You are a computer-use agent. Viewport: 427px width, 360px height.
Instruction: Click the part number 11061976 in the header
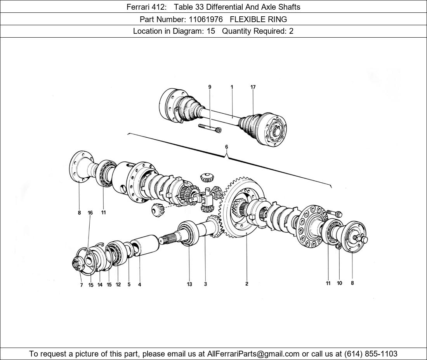[206, 19]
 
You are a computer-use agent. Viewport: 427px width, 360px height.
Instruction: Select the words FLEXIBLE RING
[258, 19]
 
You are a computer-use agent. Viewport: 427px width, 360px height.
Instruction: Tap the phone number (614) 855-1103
[371, 354]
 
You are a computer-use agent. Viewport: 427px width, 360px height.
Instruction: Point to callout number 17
[253, 87]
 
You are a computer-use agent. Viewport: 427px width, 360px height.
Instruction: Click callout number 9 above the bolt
[210, 87]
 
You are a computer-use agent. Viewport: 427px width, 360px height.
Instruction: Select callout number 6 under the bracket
[226, 147]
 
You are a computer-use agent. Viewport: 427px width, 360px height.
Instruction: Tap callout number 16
[90, 213]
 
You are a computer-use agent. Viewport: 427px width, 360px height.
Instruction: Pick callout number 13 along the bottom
[189, 284]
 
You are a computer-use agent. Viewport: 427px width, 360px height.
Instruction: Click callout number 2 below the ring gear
[246, 284]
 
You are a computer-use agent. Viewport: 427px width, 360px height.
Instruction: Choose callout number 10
[339, 283]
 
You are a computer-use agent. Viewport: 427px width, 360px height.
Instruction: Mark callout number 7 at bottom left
[82, 285]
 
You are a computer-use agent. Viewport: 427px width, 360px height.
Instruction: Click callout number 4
[139, 285]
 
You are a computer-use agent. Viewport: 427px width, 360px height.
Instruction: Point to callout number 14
[100, 285]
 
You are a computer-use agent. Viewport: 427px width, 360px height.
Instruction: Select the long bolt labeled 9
[210, 128]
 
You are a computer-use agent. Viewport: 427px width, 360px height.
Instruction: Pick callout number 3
[205, 284]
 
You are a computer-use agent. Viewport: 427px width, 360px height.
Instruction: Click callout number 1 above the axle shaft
[232, 87]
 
